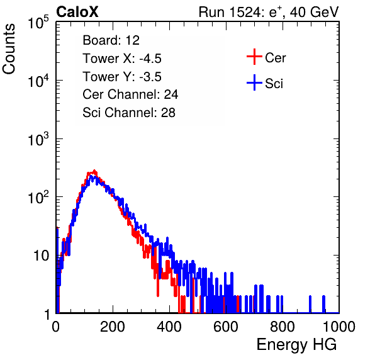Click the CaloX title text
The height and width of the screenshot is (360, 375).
pos(77,12)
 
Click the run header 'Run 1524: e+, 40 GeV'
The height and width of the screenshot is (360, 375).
pos(269,12)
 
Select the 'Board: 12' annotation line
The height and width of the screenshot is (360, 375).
pos(111,40)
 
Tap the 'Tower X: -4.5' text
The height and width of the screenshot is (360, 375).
pos(122,59)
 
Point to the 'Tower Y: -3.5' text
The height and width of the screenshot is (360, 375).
pos(122,77)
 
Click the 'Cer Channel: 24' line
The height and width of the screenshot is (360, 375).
pos(130,94)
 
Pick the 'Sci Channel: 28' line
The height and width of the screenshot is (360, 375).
pos(129,113)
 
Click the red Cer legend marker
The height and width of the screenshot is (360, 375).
pos(254,57)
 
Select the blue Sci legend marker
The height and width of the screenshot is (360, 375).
pos(254,83)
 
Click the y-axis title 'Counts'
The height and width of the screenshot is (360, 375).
pos(9,49)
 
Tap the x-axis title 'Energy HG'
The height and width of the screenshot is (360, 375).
pos(296,345)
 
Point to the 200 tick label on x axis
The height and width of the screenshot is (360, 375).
pos(113,327)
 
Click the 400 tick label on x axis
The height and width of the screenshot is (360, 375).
pos(169,327)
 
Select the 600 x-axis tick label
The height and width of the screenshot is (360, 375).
pos(226,327)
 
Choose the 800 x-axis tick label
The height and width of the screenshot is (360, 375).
pos(283,327)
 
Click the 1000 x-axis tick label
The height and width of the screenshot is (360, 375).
pos(339,327)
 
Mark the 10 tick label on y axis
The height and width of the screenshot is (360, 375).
pos(41,256)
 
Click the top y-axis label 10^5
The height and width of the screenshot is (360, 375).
pos(38,23)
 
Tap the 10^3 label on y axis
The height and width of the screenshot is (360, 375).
pos(38,139)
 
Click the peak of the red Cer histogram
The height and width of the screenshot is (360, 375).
pos(94,171)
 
